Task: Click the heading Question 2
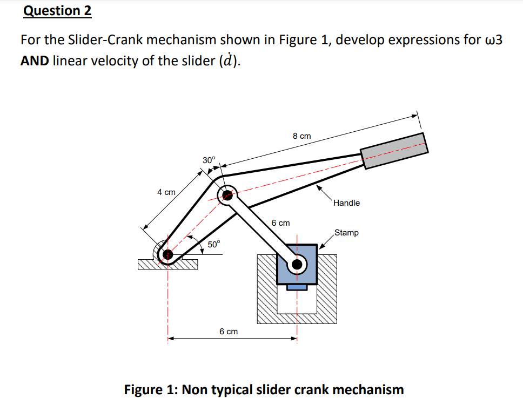tap(57, 11)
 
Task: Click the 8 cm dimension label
tap(301, 137)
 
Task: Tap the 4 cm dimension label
tap(166, 192)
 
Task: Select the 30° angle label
tap(209, 160)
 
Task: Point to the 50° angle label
tap(214, 244)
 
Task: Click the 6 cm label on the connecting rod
tap(280, 223)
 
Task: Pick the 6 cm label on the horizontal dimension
tap(229, 331)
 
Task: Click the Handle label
tap(346, 203)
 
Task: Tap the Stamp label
tap(346, 233)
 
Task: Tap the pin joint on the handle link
tap(227, 195)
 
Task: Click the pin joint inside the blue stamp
tap(297, 264)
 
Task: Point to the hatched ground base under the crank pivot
tap(167, 265)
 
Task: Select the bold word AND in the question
tap(35, 60)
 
